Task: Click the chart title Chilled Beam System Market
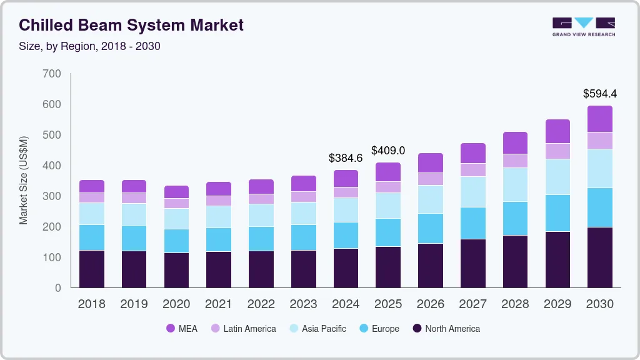pos(131,26)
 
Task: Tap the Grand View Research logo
pos(583,26)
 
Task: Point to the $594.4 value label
pos(599,94)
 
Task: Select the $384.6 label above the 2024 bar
pos(346,158)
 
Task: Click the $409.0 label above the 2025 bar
pos(388,151)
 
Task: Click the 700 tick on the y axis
pos(52,74)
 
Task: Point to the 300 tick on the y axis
pos(52,196)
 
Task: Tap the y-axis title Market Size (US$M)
pos(24,180)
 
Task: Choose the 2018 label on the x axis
pos(91,304)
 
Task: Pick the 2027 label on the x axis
pos(472,304)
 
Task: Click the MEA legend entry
pos(181,329)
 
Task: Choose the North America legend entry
pos(446,329)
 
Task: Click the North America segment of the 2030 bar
pos(599,257)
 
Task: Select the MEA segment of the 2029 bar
pos(557,131)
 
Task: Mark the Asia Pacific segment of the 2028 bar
pos(515,184)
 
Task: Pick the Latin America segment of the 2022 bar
pos(261,199)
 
